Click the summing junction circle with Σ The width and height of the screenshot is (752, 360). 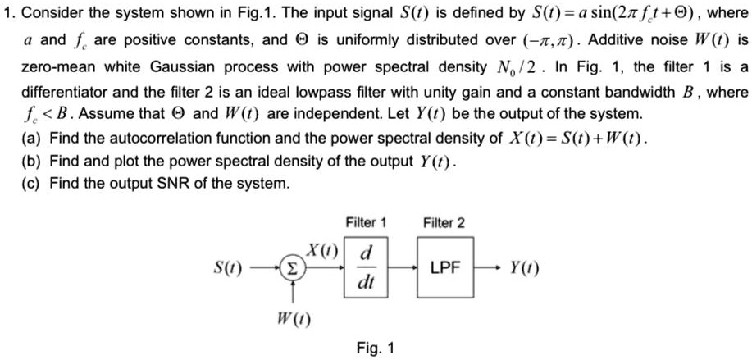click(x=292, y=267)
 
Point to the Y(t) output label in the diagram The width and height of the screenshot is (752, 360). click(x=524, y=268)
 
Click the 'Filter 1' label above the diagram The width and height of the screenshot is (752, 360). click(x=366, y=222)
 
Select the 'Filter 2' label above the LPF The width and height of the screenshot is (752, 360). click(x=444, y=222)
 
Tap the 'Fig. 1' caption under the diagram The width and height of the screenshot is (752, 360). click(x=376, y=348)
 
